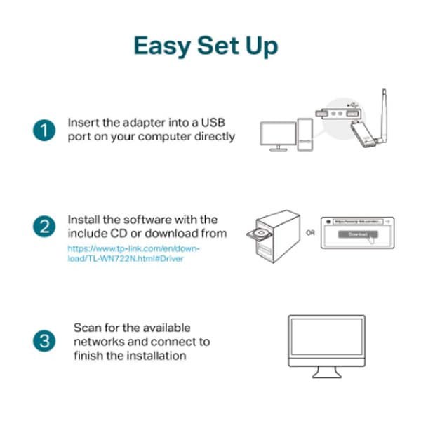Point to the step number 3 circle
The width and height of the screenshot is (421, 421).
tap(44, 342)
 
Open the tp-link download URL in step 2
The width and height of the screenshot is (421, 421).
tap(133, 253)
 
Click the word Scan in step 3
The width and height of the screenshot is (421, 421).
tap(88, 328)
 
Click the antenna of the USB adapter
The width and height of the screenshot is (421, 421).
tap(384, 105)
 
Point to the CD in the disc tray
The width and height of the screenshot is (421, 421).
tap(261, 233)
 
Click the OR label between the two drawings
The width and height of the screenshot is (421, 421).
tap(310, 232)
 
